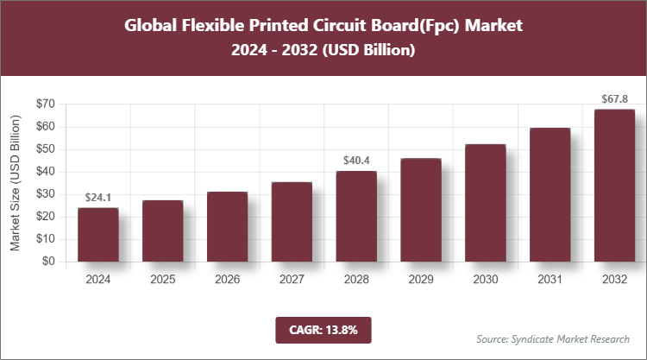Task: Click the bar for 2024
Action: click(97, 234)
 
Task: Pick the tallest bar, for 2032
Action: click(614, 186)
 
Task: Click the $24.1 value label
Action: click(97, 198)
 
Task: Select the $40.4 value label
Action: click(356, 160)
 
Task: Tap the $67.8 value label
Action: click(614, 99)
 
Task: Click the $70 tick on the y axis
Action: click(43, 104)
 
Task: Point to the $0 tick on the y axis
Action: click(47, 262)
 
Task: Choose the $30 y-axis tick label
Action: click(43, 194)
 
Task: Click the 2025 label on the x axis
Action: click(162, 281)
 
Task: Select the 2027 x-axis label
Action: click(292, 281)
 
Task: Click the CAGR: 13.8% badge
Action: click(323, 329)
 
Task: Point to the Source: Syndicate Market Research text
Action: click(553, 338)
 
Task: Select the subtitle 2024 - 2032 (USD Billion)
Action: click(323, 52)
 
